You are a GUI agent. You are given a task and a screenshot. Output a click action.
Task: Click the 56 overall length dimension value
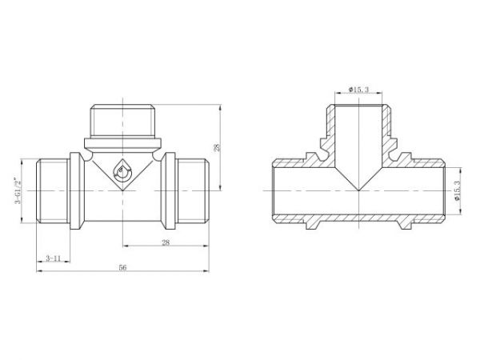point(122,267)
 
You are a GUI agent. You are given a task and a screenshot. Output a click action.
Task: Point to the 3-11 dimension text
point(54,258)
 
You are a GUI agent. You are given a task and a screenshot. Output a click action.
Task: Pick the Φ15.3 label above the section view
point(358,90)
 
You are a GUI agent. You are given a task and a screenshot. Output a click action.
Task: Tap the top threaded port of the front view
point(122,121)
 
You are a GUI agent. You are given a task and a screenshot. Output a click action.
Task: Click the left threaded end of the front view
point(54,192)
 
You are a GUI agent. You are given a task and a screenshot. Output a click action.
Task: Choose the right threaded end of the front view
point(190,192)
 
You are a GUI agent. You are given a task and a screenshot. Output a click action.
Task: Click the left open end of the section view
point(274,191)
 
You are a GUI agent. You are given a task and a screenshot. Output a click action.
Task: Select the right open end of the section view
point(442,191)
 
